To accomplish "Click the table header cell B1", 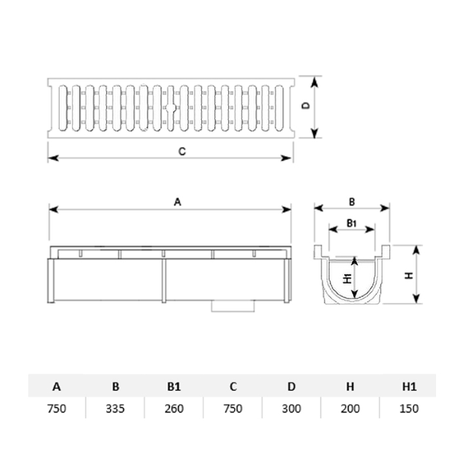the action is coord(174,386).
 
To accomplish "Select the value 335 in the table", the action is coord(116,409).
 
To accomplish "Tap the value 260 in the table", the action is coord(174,409).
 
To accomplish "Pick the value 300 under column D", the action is coord(291,409).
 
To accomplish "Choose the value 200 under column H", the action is coord(350,409).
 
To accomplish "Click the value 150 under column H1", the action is coord(409,409).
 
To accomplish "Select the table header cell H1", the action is coord(409,386).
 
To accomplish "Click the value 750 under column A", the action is coord(57,409).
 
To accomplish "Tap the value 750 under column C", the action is coord(233,409).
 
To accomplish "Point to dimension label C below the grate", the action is coord(182,151).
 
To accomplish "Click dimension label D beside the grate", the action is coord(306,106).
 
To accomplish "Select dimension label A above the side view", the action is coord(177,202).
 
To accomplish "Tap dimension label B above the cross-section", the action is coord(352,202).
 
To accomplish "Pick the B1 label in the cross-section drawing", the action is coord(351,223).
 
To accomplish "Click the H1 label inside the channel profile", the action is coord(347,278).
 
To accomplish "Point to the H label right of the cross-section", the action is coord(409,275).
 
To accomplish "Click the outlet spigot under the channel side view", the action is coord(233,307).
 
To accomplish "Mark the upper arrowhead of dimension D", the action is coord(314,83).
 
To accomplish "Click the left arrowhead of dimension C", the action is coord(54,158).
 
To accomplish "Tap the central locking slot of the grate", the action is coord(171,108).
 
